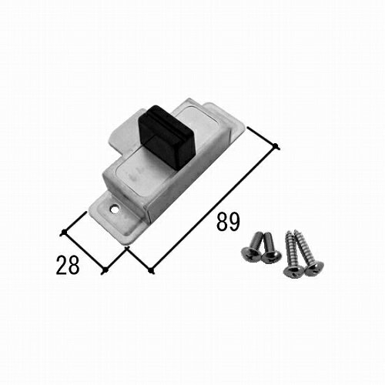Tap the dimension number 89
(x=228, y=222)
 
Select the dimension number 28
(x=68, y=265)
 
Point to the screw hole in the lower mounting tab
(x=113, y=209)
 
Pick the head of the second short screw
(x=271, y=256)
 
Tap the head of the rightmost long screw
(x=314, y=269)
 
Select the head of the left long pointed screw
(x=293, y=270)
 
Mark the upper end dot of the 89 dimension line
(x=276, y=146)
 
